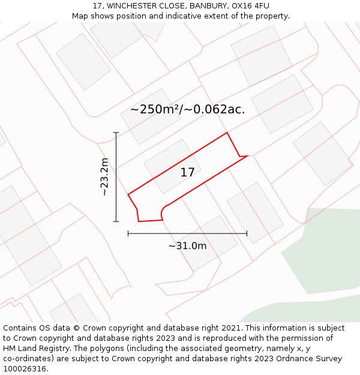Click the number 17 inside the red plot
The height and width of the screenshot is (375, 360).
[187, 173]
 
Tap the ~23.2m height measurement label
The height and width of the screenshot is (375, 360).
[104, 177]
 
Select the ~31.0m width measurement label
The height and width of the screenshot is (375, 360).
[187, 246]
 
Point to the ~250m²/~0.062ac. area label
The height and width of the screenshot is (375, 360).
[187, 109]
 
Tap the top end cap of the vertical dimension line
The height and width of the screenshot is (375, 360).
[116, 133]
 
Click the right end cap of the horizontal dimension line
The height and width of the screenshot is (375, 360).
[247, 233]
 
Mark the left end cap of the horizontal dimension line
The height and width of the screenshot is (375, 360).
[128, 233]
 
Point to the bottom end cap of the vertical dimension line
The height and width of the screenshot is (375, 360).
[116, 221]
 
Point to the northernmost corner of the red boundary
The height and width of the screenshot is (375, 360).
[227, 133]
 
